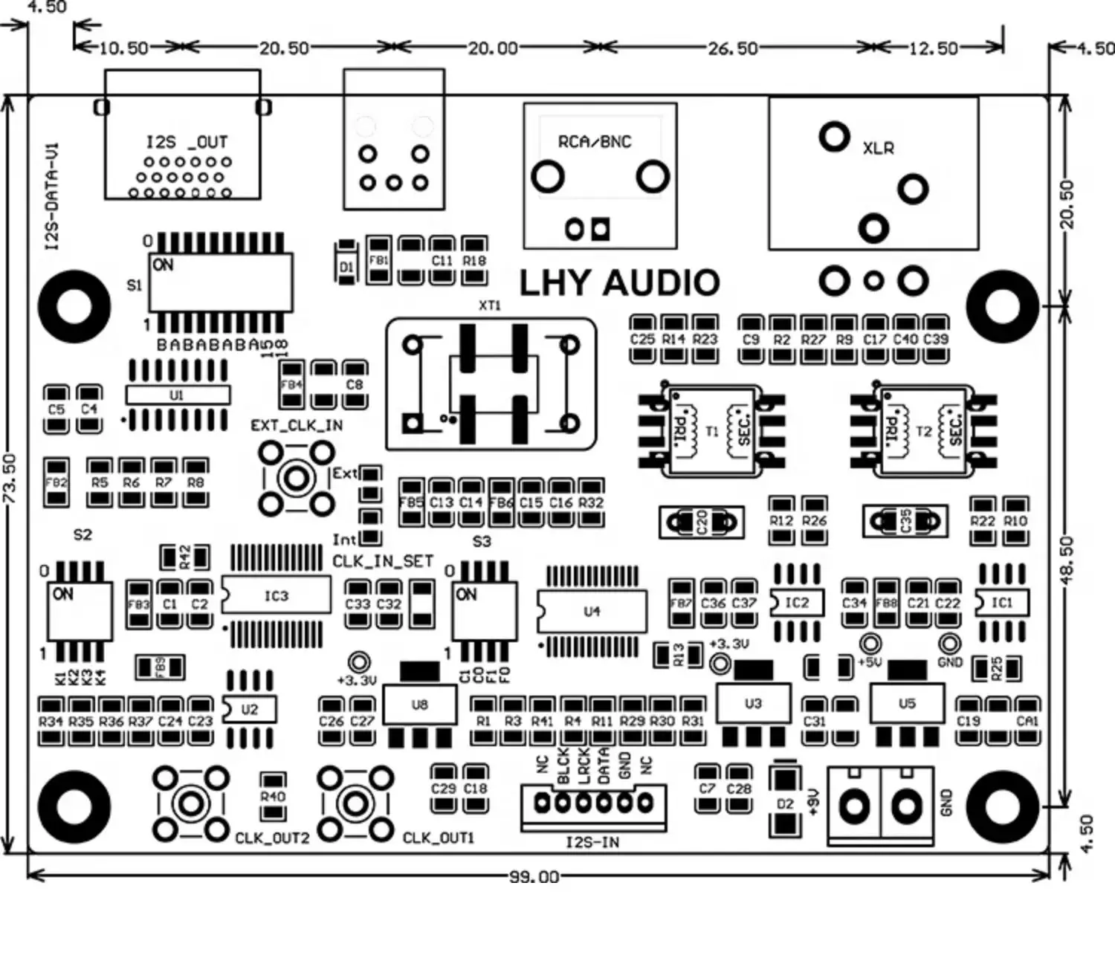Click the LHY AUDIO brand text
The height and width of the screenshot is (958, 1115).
(619, 283)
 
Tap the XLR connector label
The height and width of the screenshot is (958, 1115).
(878, 148)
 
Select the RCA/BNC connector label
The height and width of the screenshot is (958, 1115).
(595, 141)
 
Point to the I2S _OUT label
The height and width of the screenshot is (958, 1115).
(187, 142)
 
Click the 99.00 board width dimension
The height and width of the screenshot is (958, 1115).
(534, 877)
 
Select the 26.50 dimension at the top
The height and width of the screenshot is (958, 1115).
(732, 48)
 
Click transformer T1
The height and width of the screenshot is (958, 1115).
(712, 431)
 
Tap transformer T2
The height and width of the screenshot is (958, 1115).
(923, 431)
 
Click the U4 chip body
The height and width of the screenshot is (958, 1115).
(592, 612)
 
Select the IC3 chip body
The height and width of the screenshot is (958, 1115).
(276, 596)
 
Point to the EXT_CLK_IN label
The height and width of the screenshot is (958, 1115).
(297, 425)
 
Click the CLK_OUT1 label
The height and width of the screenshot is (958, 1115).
(438, 838)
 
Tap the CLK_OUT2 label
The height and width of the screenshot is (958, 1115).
(271, 838)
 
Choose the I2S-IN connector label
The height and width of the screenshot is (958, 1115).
(592, 842)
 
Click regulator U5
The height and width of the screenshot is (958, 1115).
(907, 703)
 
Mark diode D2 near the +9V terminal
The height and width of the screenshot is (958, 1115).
(785, 803)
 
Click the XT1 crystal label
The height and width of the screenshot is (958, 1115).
(490, 305)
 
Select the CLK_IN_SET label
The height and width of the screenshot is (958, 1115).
(382, 561)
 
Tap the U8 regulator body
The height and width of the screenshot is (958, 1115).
(419, 704)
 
